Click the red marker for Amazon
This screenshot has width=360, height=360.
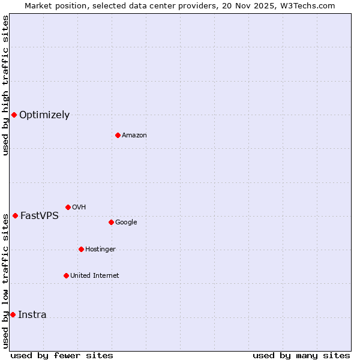(x=118, y=135)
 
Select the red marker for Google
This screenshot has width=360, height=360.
(x=111, y=222)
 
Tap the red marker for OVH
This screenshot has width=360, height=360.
(x=68, y=207)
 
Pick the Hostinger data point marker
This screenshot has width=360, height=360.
(x=81, y=249)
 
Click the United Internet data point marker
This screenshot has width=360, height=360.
(x=66, y=275)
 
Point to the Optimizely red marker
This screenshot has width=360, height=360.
(x=14, y=115)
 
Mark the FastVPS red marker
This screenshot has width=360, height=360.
(x=15, y=215)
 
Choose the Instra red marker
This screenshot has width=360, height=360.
(x=13, y=314)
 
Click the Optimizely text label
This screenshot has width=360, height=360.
(x=44, y=115)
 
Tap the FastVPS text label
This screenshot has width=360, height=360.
(x=40, y=216)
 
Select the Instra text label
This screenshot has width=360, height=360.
(x=32, y=315)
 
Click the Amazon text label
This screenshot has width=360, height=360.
(x=134, y=136)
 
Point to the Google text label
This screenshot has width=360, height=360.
(x=126, y=223)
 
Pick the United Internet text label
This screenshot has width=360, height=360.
(x=95, y=276)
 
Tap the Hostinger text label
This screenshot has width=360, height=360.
(x=100, y=250)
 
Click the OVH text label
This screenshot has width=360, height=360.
(x=79, y=208)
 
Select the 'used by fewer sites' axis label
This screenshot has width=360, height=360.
(x=62, y=355)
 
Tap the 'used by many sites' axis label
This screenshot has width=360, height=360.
(x=301, y=355)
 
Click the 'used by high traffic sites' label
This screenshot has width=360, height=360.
(x=5, y=85)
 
